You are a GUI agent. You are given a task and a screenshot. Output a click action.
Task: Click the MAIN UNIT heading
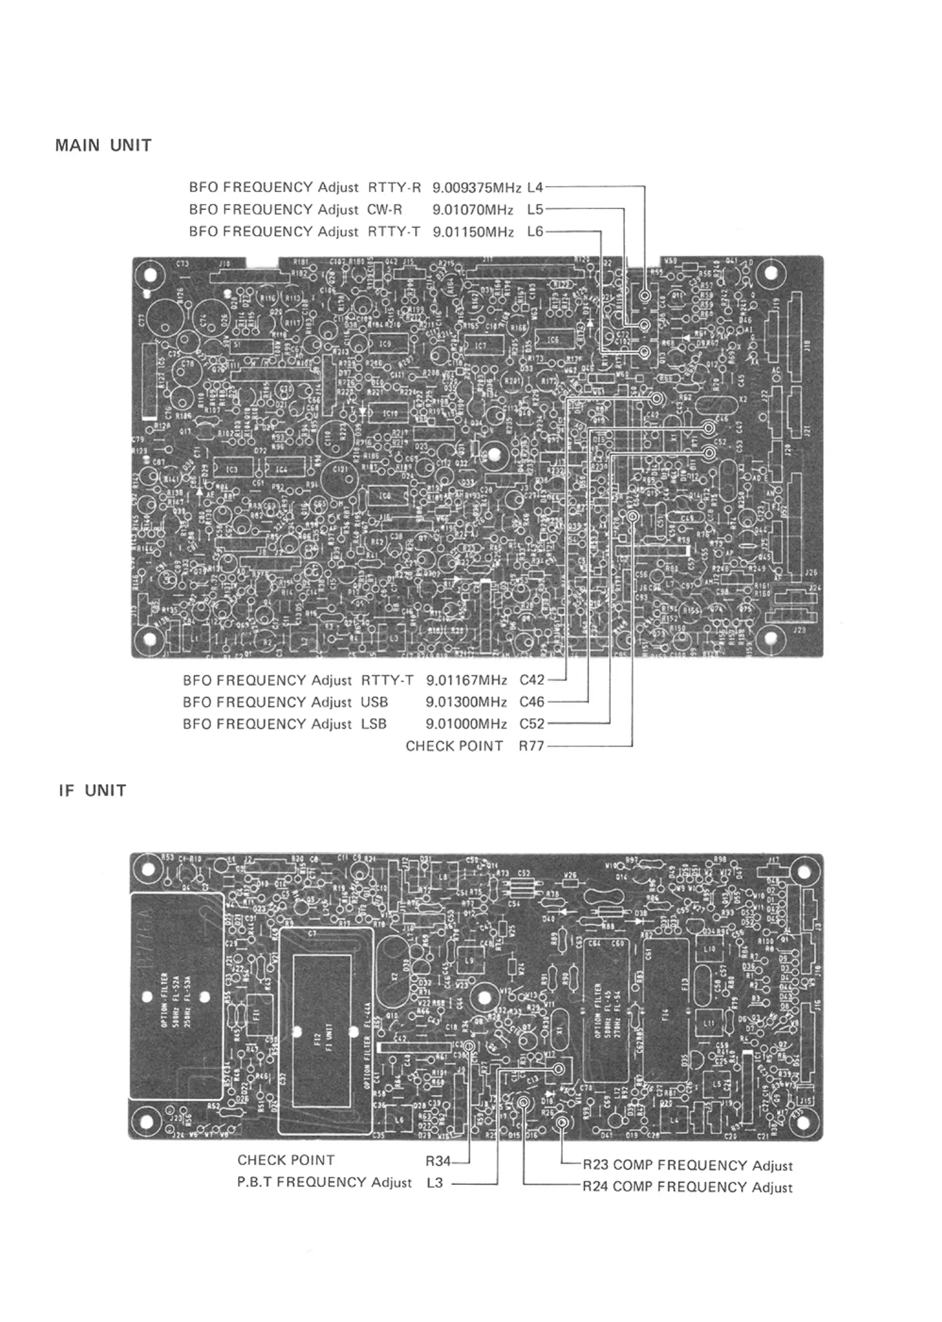(103, 145)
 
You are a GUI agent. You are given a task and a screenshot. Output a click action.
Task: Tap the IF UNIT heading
(92, 791)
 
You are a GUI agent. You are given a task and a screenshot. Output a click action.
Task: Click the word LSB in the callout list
(374, 724)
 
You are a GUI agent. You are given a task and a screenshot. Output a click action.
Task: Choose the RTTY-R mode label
(394, 187)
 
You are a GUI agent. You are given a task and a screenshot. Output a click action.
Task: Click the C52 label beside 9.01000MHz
(532, 724)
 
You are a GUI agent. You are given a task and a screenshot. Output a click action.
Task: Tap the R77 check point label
(531, 746)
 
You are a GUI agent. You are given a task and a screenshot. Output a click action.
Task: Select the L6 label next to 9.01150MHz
(535, 231)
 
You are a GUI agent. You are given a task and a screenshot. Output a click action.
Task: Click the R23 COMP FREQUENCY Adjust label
(687, 1165)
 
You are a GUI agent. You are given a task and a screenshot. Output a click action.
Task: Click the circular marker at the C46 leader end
(709, 428)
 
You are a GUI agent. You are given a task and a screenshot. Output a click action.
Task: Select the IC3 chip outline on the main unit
(232, 468)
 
